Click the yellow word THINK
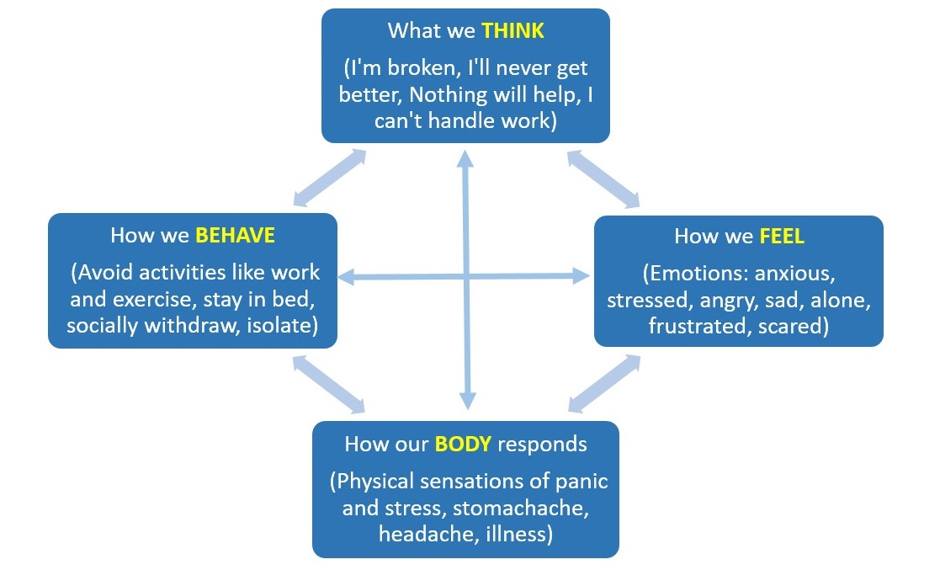(x=512, y=31)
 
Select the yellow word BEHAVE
(x=235, y=235)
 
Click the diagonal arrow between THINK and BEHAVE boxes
(x=330, y=178)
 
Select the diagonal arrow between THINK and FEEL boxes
(x=603, y=178)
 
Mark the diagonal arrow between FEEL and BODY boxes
(x=604, y=384)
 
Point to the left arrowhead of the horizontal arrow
(x=345, y=275)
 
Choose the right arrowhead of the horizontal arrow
(x=582, y=274)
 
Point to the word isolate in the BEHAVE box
(x=283, y=325)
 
